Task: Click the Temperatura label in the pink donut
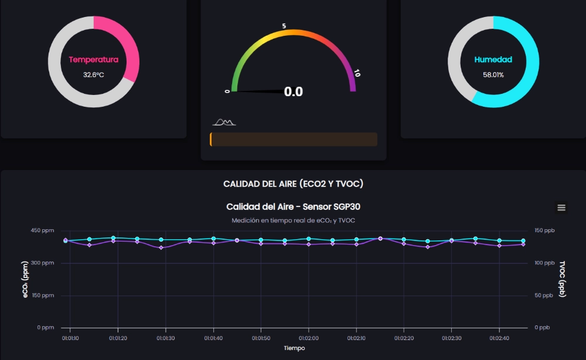93,60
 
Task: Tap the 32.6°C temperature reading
93,75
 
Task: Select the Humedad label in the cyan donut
493,60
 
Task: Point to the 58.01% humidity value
493,75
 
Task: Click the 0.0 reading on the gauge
293,92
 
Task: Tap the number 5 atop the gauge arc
284,26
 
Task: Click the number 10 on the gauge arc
357,74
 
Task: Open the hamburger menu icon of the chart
561,208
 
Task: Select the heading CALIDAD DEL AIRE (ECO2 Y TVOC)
293,184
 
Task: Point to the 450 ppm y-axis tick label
42,230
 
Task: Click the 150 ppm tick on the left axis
42,296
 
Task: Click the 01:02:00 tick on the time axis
308,338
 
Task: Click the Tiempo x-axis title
294,348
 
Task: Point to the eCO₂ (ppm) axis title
26,279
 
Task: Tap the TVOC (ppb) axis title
563,279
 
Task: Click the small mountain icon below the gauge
224,122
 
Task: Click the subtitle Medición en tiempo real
293,220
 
